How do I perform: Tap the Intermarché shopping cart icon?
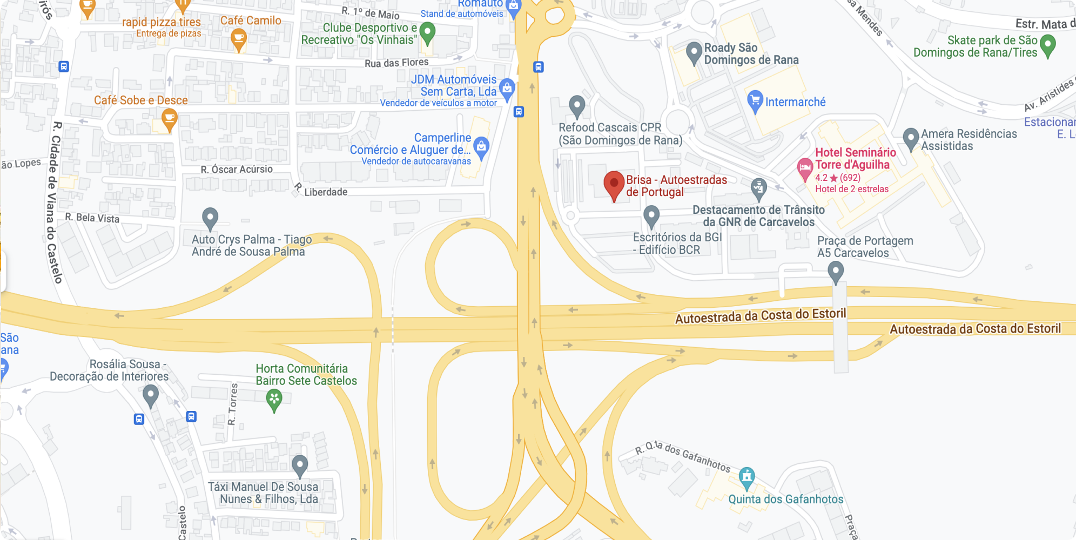tap(755, 101)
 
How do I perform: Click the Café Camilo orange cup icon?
tap(238, 39)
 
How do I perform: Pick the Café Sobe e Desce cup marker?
tap(169, 118)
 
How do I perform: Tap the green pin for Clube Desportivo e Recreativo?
tap(427, 32)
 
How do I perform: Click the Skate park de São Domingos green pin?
tap(1047, 45)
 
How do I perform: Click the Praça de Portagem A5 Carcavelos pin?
tap(836, 271)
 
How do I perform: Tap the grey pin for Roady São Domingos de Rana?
tap(694, 52)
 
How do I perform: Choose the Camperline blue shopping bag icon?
tap(481, 146)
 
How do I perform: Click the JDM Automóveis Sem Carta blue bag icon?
tap(507, 88)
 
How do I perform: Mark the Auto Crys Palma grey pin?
tap(210, 218)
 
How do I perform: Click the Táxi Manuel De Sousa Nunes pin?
tap(300, 465)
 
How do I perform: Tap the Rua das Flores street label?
tap(396, 63)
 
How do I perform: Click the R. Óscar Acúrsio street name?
tap(237, 170)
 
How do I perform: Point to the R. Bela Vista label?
tap(92, 218)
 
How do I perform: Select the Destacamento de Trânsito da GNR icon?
tap(759, 188)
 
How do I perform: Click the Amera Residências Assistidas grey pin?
tap(911, 138)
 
